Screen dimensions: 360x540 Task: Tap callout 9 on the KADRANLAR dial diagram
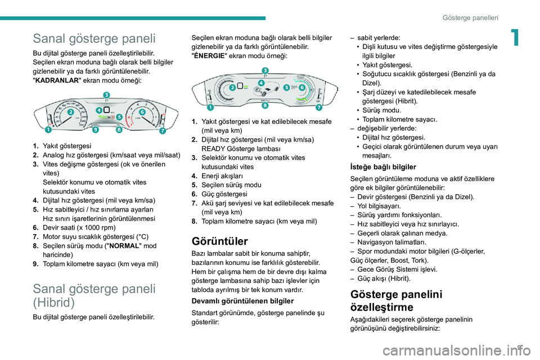[x=96, y=130]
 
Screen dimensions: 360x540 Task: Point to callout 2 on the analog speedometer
[x=70, y=112]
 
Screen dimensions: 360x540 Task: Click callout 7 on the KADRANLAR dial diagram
[x=163, y=131]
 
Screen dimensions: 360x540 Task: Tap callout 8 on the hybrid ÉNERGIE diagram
[x=264, y=105]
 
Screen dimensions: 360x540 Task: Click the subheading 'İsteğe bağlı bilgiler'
[x=382, y=166]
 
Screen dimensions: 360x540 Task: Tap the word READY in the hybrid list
[x=213, y=148]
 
